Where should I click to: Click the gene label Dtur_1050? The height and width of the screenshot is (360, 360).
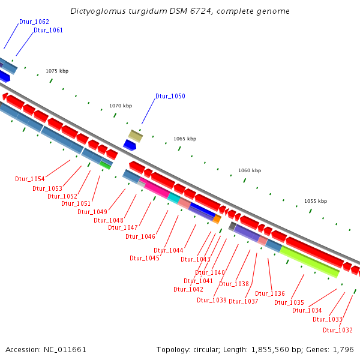(170, 96)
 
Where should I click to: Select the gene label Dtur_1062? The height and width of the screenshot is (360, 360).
(34, 22)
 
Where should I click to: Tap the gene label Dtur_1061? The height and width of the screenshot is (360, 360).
(48, 30)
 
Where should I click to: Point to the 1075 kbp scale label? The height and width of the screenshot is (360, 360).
(57, 71)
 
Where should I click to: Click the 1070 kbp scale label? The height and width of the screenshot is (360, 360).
(121, 106)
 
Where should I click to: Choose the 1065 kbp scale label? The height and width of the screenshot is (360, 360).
(185, 139)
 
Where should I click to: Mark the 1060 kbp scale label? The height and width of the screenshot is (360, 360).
(250, 170)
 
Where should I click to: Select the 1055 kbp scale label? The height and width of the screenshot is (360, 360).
(316, 201)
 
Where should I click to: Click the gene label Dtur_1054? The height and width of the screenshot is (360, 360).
(30, 179)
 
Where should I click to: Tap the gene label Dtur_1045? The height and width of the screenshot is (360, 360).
(145, 258)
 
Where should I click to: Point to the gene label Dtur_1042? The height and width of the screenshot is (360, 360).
(188, 289)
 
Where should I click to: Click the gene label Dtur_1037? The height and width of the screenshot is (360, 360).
(244, 301)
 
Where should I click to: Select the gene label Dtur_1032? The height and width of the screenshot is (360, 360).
(338, 330)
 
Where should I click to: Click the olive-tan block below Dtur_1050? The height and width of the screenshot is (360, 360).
(136, 136)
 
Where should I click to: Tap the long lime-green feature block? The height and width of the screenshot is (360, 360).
(310, 262)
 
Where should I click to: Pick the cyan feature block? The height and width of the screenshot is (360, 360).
(173, 197)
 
